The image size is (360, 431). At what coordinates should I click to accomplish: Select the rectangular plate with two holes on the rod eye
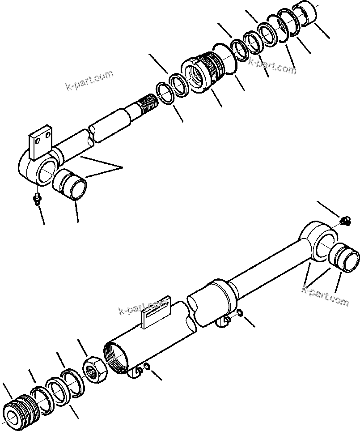40,143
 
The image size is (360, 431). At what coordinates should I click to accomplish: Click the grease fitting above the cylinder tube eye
345,220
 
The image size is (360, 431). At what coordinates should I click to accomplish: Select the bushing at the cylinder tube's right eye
345,259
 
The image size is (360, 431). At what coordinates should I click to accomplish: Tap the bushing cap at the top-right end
306,14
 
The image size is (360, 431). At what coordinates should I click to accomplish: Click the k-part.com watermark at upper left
89,81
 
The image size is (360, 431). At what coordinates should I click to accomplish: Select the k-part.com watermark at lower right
325,297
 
